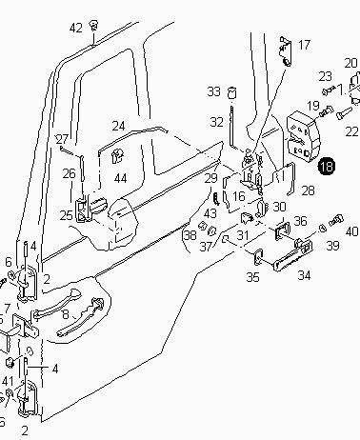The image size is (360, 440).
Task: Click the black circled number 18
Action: tap(327, 166)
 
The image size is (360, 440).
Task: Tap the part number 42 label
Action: tap(76, 29)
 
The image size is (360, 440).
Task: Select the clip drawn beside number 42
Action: tap(93, 26)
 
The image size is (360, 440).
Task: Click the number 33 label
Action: tap(214, 91)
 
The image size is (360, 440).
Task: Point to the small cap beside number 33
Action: tap(232, 92)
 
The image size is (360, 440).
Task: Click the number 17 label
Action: tap(304, 45)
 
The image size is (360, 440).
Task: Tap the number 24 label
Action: tap(118, 126)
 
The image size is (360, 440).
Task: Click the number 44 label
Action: tap(120, 179)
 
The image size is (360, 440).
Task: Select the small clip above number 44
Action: tap(117, 156)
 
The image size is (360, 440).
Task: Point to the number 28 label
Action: tap(308, 190)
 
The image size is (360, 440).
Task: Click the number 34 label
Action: tap(304, 275)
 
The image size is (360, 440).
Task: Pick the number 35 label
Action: tap(253, 277)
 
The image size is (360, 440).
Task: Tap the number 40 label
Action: tap(351, 231)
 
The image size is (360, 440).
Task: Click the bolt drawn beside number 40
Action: tap(336, 220)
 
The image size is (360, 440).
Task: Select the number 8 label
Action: tap(66, 314)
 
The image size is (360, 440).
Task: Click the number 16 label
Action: tap(239, 196)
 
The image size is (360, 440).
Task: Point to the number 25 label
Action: tap(66, 215)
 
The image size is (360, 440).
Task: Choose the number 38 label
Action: tap(190, 235)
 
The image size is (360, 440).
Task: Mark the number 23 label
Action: tap(326, 76)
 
